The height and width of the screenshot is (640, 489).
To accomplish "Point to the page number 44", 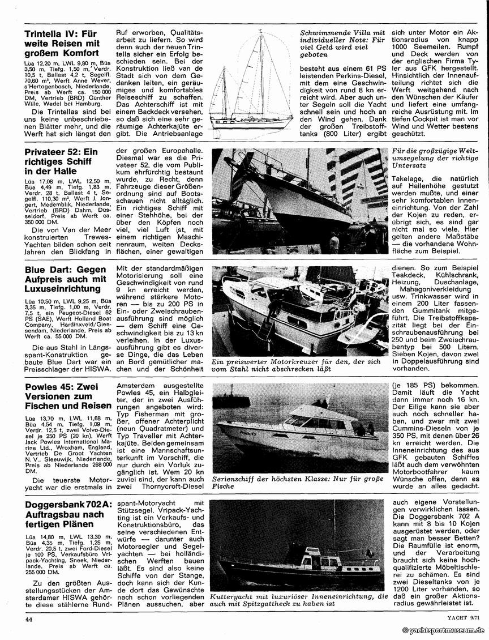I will click(x=29, y=620).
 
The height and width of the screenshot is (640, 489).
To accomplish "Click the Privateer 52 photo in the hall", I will click(x=299, y=201).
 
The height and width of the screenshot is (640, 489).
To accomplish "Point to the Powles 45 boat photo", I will click(x=299, y=427).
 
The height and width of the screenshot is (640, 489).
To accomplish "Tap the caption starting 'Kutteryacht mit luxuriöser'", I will click(x=299, y=600).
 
